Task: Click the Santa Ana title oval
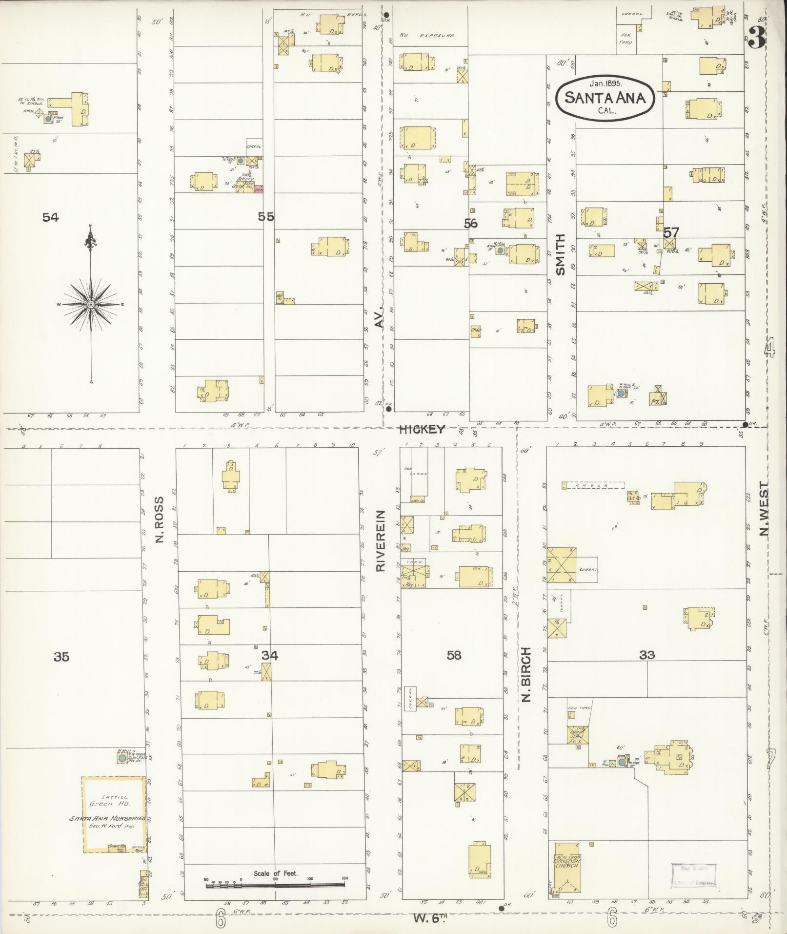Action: [605, 98]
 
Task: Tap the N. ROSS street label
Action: [159, 520]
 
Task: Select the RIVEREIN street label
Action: [381, 540]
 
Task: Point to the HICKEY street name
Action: [422, 429]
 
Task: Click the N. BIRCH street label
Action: [525, 675]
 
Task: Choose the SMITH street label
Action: [560, 254]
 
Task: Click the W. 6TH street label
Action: [431, 918]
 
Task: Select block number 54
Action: [51, 217]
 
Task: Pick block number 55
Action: [266, 216]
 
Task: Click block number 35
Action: [61, 657]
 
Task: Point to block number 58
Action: [454, 655]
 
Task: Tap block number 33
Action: [647, 655]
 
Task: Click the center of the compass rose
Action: [91, 305]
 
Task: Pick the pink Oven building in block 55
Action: [259, 189]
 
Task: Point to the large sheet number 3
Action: [757, 39]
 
